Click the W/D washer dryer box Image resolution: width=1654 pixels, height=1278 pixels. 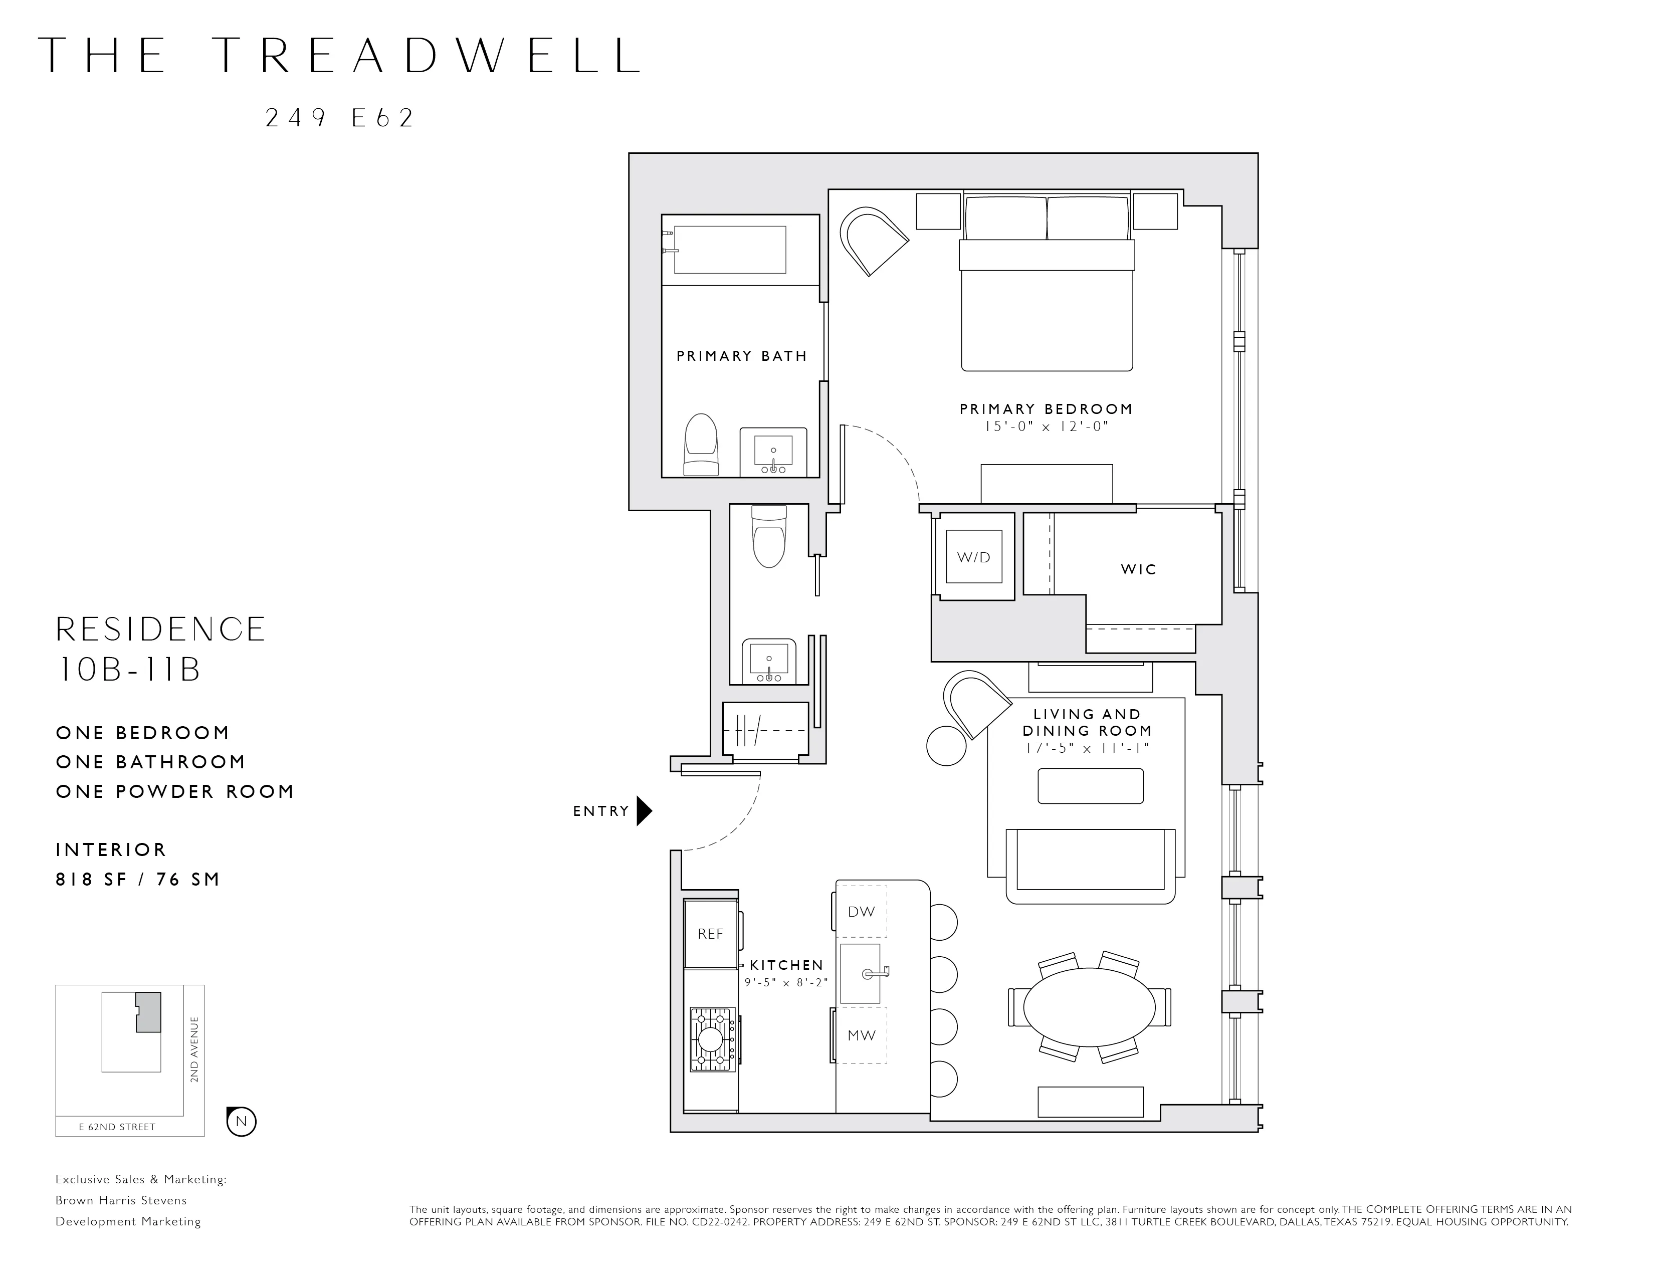[973, 557]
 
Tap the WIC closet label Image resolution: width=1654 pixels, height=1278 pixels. [1138, 569]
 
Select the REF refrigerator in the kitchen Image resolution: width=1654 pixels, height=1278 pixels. [710, 934]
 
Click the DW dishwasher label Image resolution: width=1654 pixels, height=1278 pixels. [861, 912]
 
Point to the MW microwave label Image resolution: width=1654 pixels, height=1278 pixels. [861, 1035]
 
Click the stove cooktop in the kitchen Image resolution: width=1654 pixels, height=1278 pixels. [711, 1039]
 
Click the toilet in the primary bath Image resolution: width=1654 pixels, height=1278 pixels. [701, 445]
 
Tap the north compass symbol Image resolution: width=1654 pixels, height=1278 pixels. [242, 1121]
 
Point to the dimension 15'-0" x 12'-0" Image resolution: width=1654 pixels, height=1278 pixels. [1046, 427]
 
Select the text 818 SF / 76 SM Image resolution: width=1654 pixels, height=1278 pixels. [138, 879]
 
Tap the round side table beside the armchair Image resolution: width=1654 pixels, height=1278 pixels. [946, 746]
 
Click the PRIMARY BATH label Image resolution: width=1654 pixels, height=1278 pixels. [741, 356]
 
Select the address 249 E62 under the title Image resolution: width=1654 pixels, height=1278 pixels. [340, 118]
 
